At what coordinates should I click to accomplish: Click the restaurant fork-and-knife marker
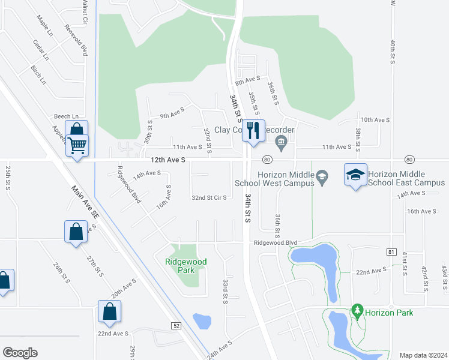[253, 130]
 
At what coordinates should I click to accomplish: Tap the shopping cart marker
[77, 144]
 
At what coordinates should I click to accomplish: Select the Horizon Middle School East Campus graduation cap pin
[355, 175]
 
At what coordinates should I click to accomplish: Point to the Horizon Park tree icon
[358, 310]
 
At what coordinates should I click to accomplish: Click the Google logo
[20, 353]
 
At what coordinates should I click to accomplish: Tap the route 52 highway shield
[175, 326]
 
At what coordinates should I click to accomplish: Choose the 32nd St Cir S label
[209, 197]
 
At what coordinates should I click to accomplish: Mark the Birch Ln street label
[38, 76]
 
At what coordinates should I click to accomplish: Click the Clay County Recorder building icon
[281, 142]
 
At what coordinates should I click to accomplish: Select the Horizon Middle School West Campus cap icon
[322, 176]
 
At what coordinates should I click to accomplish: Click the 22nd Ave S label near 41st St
[371, 271]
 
